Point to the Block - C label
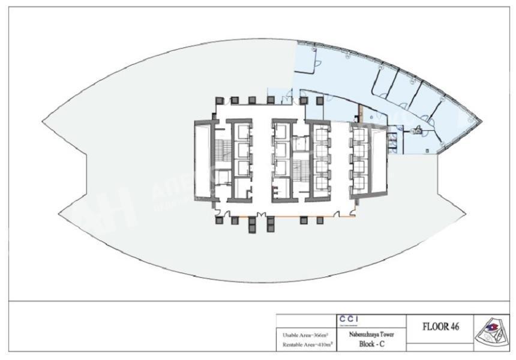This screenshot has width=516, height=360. (371, 344)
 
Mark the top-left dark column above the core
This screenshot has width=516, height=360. (220, 100)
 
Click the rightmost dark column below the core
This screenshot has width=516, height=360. (320, 220)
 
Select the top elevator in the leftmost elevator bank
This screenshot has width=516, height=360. (243, 131)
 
